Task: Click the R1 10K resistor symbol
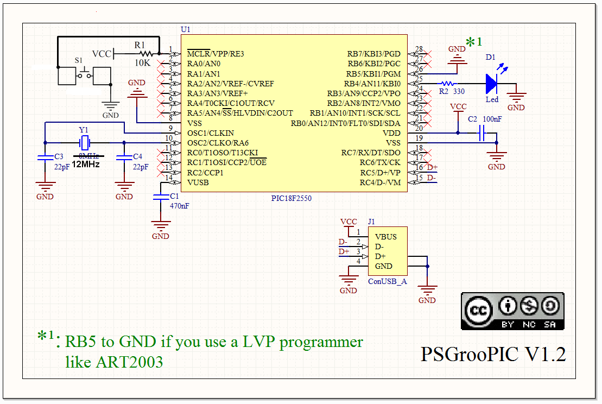[x=145, y=53]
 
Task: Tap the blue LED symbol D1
[x=492, y=84]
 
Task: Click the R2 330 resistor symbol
[x=447, y=84]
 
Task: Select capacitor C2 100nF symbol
[x=481, y=133]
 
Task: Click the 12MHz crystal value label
[x=86, y=164]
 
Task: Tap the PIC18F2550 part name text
[x=292, y=198]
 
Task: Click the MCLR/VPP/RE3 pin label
[x=216, y=54]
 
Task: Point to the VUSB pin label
[x=198, y=182]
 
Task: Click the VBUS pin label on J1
[x=385, y=237]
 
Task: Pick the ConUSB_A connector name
[x=387, y=281]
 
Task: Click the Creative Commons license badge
[x=512, y=311]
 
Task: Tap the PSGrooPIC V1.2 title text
[x=493, y=354]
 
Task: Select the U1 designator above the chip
[x=186, y=29]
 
